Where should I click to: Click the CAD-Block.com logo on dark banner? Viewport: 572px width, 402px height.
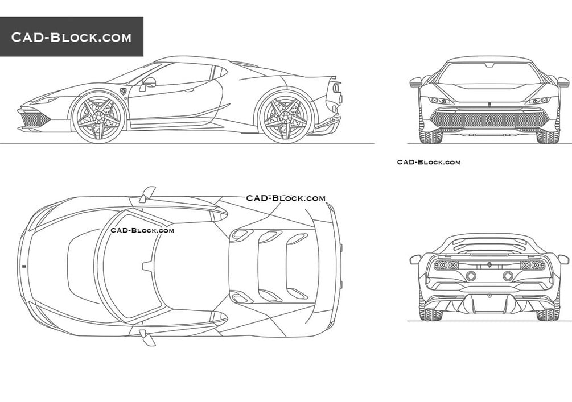[x=72, y=38]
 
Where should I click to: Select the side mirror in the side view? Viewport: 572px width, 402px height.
[x=148, y=83]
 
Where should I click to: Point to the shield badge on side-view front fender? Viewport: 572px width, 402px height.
[x=123, y=91]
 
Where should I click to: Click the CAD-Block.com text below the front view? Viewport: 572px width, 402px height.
[x=429, y=162]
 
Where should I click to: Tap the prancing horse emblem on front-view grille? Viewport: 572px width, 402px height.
[x=488, y=119]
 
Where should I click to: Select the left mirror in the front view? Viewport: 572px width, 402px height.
[x=416, y=82]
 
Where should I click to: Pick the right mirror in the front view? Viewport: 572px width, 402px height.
[x=562, y=82]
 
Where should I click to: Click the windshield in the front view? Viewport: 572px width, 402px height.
[x=489, y=73]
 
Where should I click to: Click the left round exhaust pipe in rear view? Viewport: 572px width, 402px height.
[x=471, y=276]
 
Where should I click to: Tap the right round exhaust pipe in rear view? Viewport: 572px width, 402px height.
[x=508, y=276]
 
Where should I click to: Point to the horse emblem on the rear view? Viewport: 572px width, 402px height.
[x=489, y=265]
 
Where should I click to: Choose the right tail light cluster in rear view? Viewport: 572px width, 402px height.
[x=532, y=265]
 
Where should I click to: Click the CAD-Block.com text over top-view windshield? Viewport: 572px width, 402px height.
[x=142, y=230]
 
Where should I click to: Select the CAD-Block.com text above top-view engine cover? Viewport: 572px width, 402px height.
[x=286, y=198]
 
